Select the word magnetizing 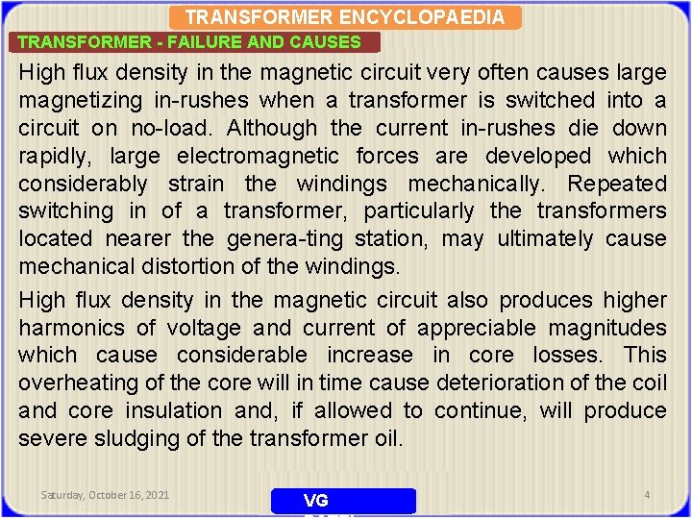coord(80,100)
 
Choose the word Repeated coord(617,184)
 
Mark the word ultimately coord(545,238)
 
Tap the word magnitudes coord(607,328)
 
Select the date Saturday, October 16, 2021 coord(105,495)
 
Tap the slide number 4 coord(647,495)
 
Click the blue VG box coord(343,501)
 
